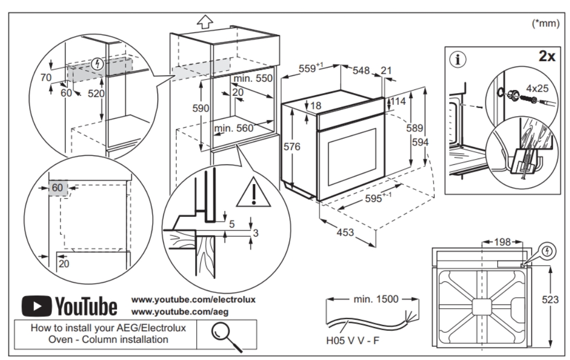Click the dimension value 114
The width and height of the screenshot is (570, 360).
click(x=401, y=102)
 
